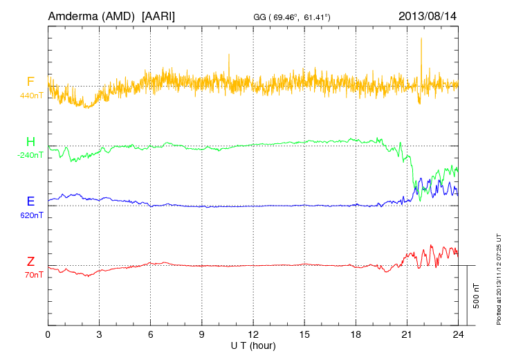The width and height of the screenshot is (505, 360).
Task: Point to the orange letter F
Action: [x=30, y=82]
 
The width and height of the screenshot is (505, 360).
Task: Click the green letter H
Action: [x=30, y=142]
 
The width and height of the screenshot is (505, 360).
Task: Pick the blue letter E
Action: [x=30, y=201]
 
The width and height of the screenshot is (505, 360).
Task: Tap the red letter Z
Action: [x=30, y=262]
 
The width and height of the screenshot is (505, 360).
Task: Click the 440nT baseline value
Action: [x=31, y=95]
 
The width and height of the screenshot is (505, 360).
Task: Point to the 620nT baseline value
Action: [x=31, y=215]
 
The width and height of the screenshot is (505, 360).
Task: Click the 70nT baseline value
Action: [x=31, y=275]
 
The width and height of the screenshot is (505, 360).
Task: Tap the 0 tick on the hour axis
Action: [x=48, y=334]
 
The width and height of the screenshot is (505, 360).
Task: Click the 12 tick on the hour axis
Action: [x=253, y=334]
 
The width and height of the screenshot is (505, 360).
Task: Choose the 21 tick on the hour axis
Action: [x=407, y=334]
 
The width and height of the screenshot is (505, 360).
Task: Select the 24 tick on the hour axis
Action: [x=458, y=334]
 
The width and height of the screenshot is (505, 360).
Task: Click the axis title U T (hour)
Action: [x=253, y=344]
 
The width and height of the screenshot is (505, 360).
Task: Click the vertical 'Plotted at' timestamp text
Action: [x=498, y=277]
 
